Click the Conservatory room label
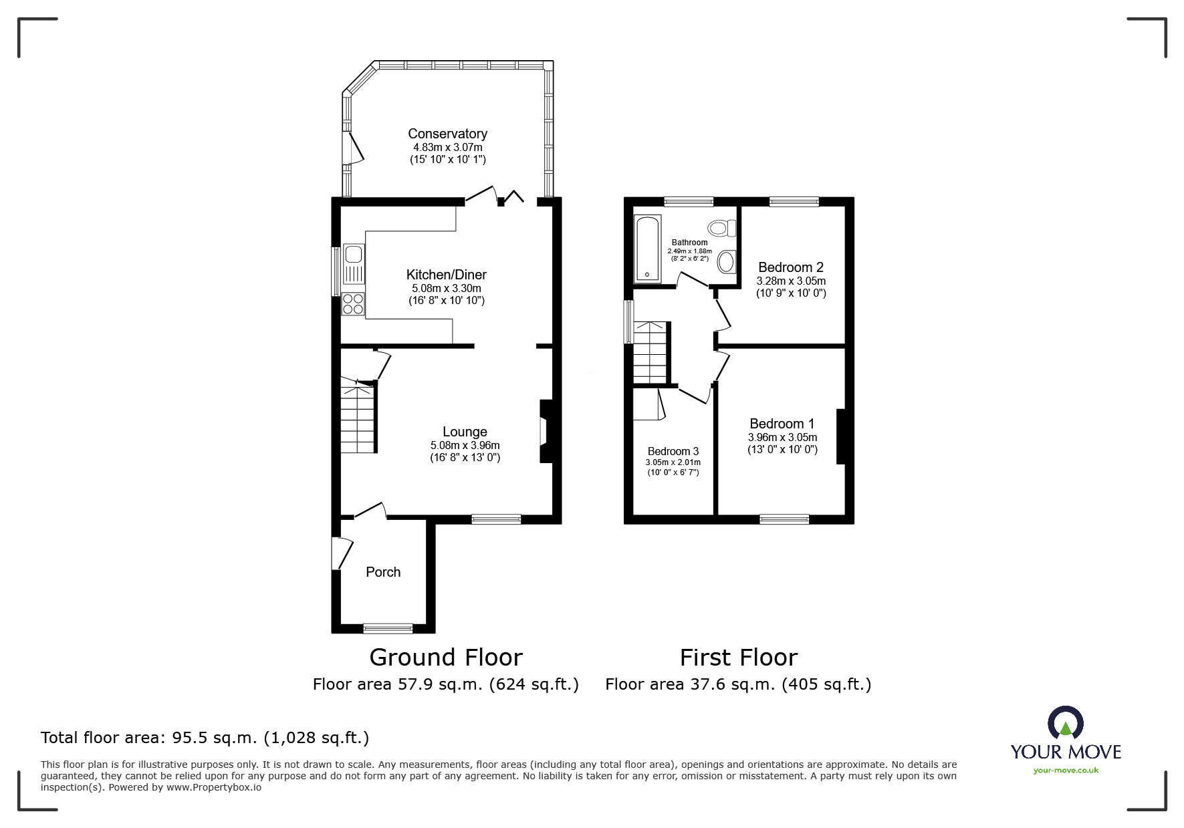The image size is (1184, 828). click(x=447, y=134)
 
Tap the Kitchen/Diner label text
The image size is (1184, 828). click(x=446, y=275)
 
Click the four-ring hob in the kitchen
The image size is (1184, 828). click(x=353, y=304)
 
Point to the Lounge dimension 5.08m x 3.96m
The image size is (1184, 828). click(x=465, y=445)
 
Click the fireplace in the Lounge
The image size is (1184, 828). click(x=546, y=431)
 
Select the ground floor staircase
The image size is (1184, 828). click(x=358, y=418)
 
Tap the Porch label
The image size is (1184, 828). click(x=383, y=572)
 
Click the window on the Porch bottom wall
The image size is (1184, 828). click(x=388, y=628)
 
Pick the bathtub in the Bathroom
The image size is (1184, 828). click(x=647, y=249)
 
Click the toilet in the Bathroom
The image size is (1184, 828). click(x=722, y=229)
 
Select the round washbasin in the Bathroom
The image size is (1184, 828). click(x=726, y=261)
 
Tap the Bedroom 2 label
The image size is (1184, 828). click(x=791, y=267)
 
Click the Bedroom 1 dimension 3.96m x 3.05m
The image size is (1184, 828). click(x=782, y=437)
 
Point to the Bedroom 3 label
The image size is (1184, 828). click(x=673, y=451)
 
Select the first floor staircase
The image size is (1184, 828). click(x=650, y=353)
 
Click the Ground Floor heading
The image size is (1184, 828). click(x=446, y=658)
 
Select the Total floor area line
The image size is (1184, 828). click(x=205, y=738)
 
